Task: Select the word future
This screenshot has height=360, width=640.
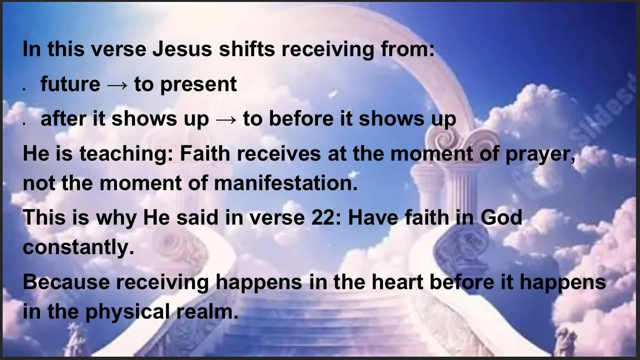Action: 70,84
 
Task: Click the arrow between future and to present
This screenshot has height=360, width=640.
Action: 117,85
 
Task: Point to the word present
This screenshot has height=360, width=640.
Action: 198,85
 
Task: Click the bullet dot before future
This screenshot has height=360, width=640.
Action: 24,88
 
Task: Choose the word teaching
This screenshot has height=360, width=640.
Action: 111,154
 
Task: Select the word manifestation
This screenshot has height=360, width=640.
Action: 285,183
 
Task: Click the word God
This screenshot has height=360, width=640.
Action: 501,218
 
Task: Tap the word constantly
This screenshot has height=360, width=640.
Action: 78,247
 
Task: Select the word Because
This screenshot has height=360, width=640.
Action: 66,282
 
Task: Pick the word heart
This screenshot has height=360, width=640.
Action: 397,282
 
